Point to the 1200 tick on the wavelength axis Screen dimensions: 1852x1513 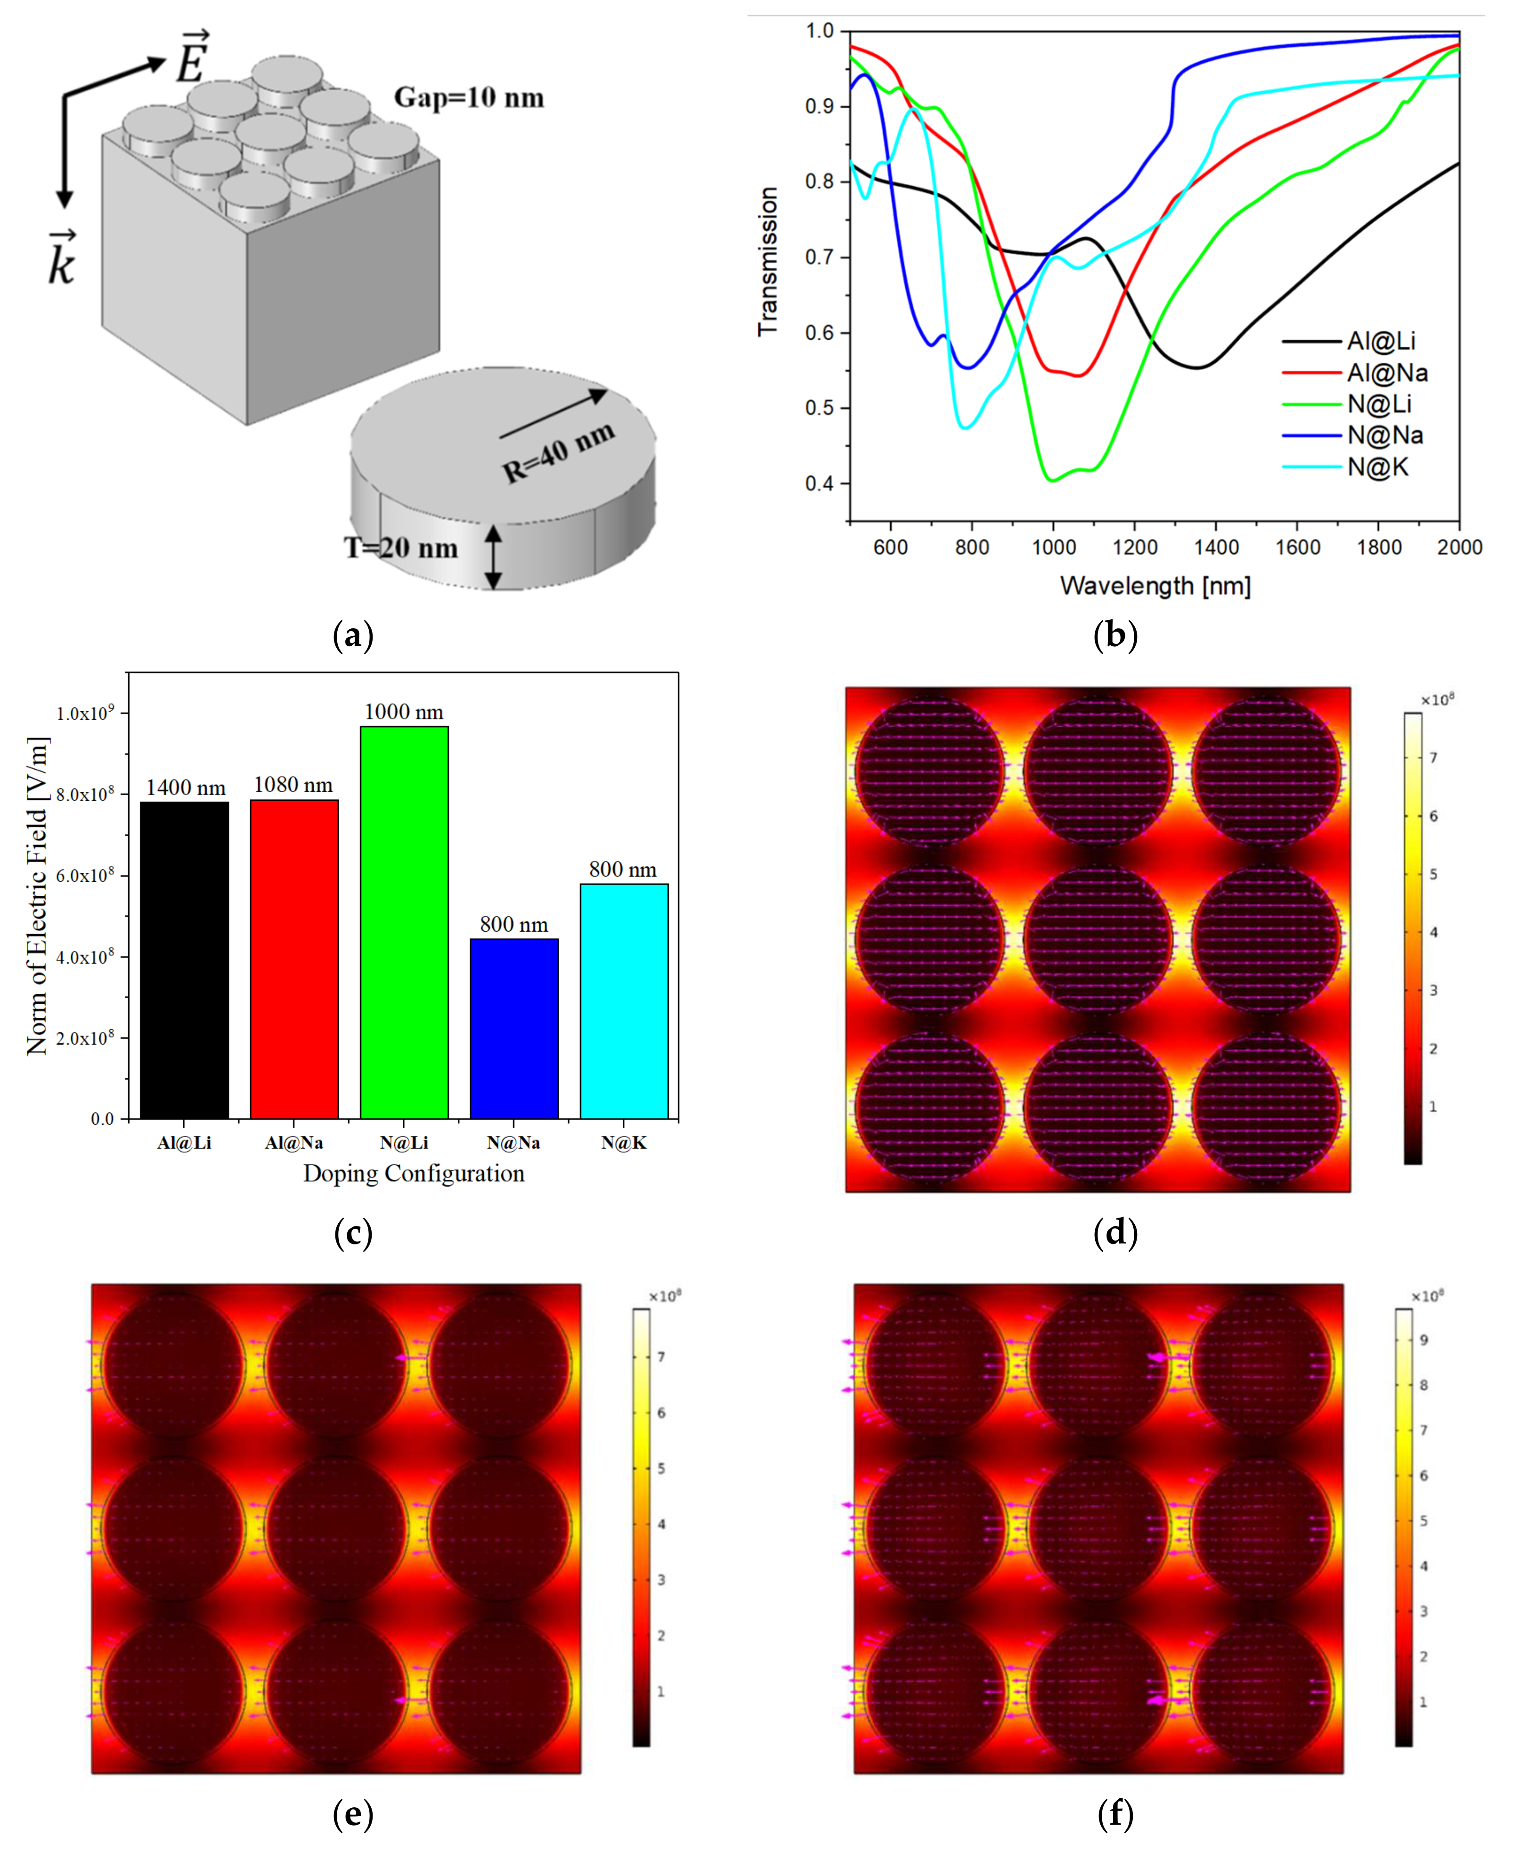[1135, 547]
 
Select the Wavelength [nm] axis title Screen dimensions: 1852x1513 [1155, 585]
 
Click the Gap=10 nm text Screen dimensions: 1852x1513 [469, 97]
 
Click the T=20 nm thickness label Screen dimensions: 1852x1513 [401, 548]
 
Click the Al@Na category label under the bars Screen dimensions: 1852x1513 [294, 1143]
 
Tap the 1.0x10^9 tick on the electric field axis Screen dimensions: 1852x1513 [84, 714]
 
